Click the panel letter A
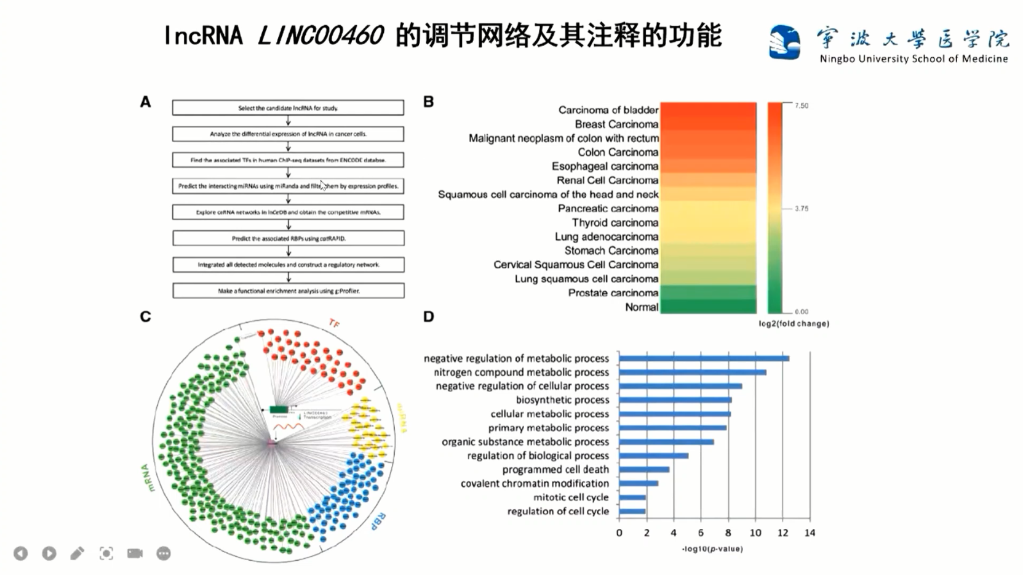tap(145, 102)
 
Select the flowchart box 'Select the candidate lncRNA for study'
tap(288, 108)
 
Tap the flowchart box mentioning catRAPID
tap(288, 238)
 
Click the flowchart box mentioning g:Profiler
tap(288, 291)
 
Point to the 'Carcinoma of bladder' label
tap(608, 110)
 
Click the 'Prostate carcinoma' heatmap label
tap(613, 293)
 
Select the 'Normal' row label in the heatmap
tap(641, 307)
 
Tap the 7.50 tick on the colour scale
tap(801, 106)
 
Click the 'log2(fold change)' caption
tap(794, 324)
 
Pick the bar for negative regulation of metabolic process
tap(704, 358)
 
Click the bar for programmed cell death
tap(644, 470)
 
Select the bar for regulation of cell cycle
tap(632, 512)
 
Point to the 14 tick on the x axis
tap(810, 533)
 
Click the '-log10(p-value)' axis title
tap(712, 549)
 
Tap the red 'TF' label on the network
tap(334, 323)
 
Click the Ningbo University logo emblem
tap(784, 42)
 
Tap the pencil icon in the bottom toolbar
tap(77, 553)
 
